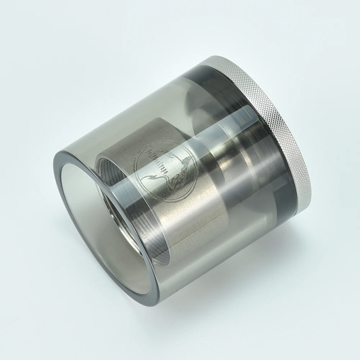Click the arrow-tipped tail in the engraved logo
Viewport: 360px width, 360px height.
(x=148, y=177)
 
